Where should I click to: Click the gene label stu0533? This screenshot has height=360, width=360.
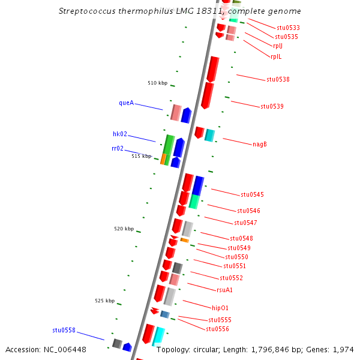pos(288,28)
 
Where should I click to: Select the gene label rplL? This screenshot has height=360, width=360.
pos(276,57)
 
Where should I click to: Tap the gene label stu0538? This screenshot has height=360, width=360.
pos(278,79)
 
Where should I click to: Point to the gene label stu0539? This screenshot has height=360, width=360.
pos(272,107)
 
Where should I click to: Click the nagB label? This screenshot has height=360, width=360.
pos(260,144)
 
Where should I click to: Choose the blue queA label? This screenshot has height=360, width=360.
pos(126,103)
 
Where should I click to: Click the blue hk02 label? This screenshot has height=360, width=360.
pos(120,134)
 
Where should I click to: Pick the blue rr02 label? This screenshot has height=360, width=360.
pos(118,149)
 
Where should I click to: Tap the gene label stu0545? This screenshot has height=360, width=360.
pos(252,195)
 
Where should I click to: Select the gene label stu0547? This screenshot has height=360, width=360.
pos(245,223)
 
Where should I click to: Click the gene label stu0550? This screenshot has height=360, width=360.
pos(236,257)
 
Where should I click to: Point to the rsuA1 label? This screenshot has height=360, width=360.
pos(224,290)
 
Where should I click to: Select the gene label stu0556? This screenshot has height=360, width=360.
pos(217,329)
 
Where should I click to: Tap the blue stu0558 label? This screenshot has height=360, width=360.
pos(64,331)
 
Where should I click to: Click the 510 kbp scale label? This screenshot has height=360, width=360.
pos(157,83)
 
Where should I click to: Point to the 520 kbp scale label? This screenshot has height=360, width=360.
pos(124,229)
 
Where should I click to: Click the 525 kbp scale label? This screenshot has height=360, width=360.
pos(104,301)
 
